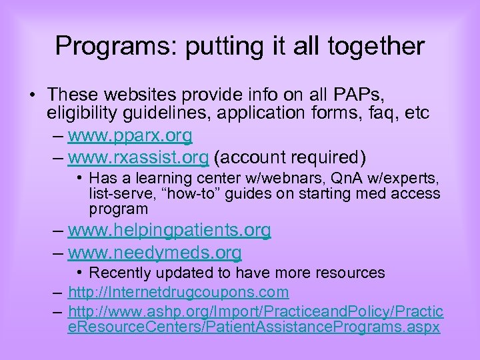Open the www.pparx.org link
pyautogui.click(x=130, y=137)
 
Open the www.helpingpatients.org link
pyautogui.click(x=169, y=231)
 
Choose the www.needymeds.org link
pyautogui.click(x=155, y=253)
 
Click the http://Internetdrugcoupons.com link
pyautogui.click(x=179, y=292)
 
